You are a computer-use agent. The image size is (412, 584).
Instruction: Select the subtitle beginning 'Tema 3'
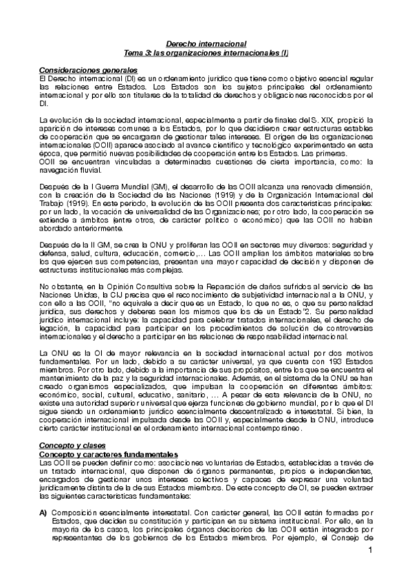coord(206,52)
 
